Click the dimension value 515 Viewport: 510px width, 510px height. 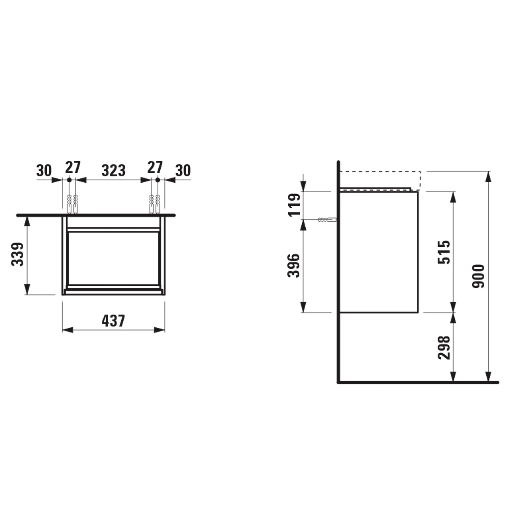444,252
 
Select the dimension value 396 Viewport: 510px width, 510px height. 294,265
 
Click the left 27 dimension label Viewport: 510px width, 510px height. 73,167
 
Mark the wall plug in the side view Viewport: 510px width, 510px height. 327,220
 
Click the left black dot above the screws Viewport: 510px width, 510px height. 69,180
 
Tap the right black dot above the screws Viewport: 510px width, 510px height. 158,180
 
